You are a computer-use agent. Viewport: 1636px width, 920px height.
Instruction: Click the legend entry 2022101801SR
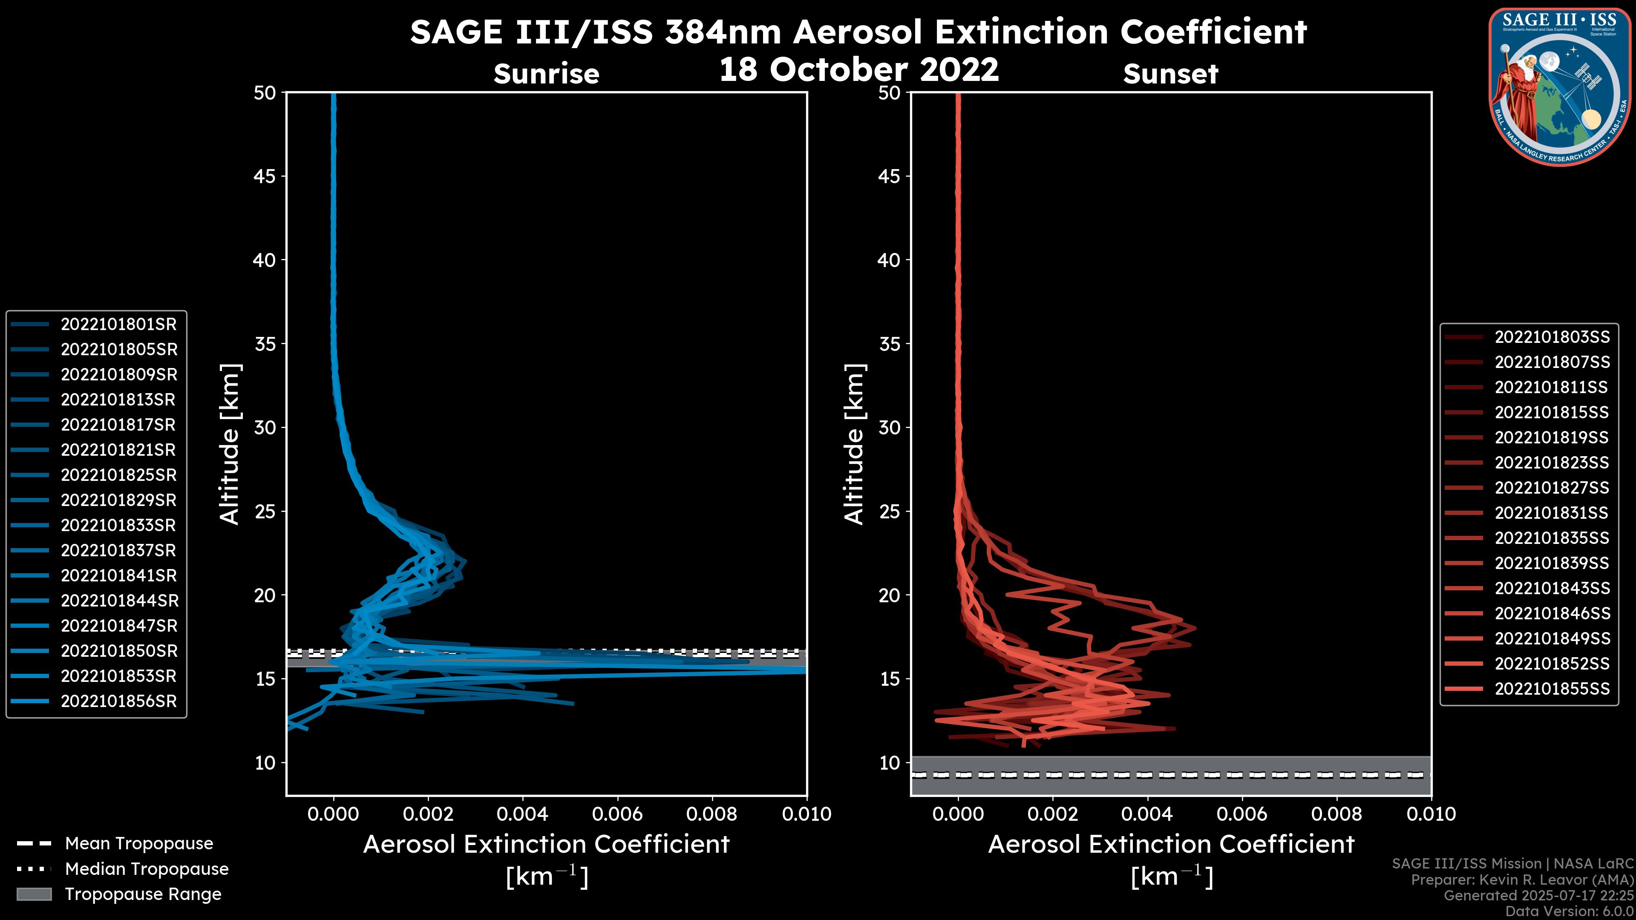pyautogui.click(x=118, y=325)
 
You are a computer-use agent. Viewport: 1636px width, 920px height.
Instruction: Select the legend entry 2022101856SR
pyautogui.click(x=118, y=701)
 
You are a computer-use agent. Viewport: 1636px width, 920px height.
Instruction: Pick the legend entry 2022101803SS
pyautogui.click(x=1552, y=337)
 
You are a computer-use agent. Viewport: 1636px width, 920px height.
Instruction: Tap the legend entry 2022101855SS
pyautogui.click(x=1552, y=689)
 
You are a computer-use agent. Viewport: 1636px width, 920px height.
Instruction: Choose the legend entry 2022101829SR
pyautogui.click(x=118, y=500)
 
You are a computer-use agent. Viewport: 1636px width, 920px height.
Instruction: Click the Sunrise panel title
pyautogui.click(x=546, y=74)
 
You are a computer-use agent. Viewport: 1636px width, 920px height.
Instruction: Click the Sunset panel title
pyautogui.click(x=1170, y=74)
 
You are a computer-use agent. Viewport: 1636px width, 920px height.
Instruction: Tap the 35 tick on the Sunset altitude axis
pyautogui.click(x=890, y=344)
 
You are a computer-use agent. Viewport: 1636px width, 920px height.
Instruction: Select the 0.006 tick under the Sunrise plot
pyautogui.click(x=617, y=814)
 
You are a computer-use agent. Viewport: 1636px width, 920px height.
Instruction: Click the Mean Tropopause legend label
pyautogui.click(x=138, y=844)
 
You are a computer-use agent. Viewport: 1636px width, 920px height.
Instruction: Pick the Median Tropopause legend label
pyautogui.click(x=146, y=869)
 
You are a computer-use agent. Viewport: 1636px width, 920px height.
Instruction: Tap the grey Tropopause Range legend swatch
pyautogui.click(x=34, y=894)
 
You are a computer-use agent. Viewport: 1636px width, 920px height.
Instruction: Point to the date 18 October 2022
pyautogui.click(x=858, y=69)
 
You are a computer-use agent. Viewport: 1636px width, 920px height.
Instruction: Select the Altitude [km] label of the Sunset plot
pyautogui.click(x=854, y=444)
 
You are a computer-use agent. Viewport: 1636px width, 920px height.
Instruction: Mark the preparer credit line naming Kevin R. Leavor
pyautogui.click(x=1522, y=880)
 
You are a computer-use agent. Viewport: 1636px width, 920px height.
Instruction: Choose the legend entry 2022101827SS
pyautogui.click(x=1552, y=488)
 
